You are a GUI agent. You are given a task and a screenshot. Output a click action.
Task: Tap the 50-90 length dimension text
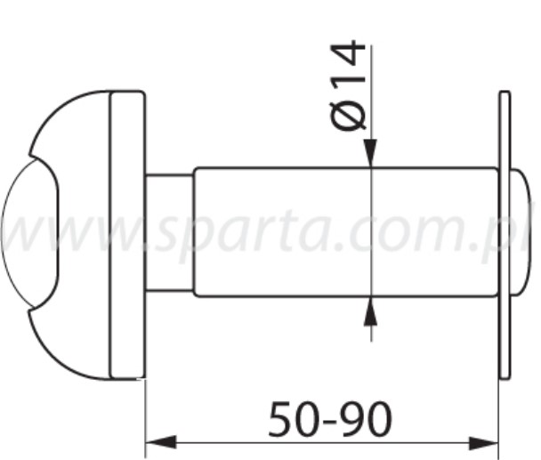click(x=329, y=419)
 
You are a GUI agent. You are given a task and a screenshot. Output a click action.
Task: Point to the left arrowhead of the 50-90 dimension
click(x=157, y=441)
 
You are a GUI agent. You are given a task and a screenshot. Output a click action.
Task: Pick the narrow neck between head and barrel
click(x=169, y=232)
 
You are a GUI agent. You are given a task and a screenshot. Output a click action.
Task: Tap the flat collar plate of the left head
click(x=127, y=233)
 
